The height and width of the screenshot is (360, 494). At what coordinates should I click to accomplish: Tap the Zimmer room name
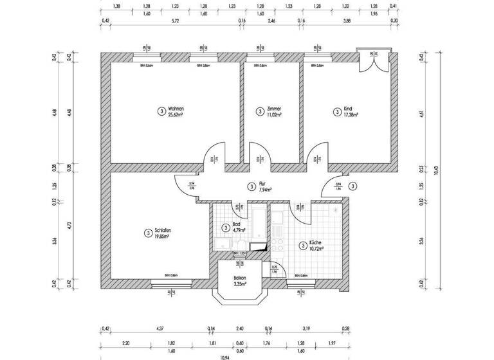click(274, 109)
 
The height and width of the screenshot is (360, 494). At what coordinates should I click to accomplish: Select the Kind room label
click(348, 109)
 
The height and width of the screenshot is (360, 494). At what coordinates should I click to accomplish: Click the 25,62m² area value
click(177, 115)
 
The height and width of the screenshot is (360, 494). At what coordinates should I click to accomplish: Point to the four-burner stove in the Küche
click(279, 245)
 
